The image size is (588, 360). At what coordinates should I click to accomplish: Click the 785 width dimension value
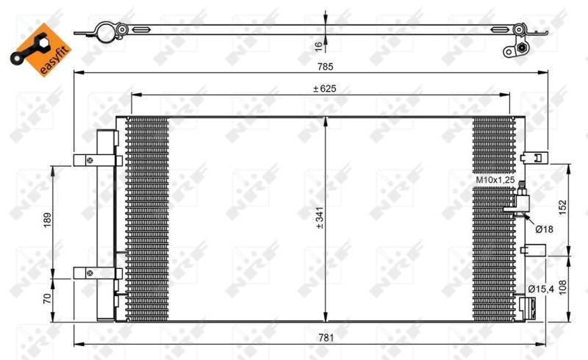(325, 67)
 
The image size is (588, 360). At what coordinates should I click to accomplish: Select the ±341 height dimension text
(319, 217)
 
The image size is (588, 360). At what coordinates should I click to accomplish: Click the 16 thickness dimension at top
(318, 46)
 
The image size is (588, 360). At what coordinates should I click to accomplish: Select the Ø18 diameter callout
(544, 229)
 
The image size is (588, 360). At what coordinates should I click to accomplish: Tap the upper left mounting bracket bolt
(90, 159)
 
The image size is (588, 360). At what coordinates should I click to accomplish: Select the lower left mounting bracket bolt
(90, 273)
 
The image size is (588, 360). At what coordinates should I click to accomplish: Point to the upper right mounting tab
(534, 157)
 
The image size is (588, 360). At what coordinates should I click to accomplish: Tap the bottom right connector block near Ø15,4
(527, 305)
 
